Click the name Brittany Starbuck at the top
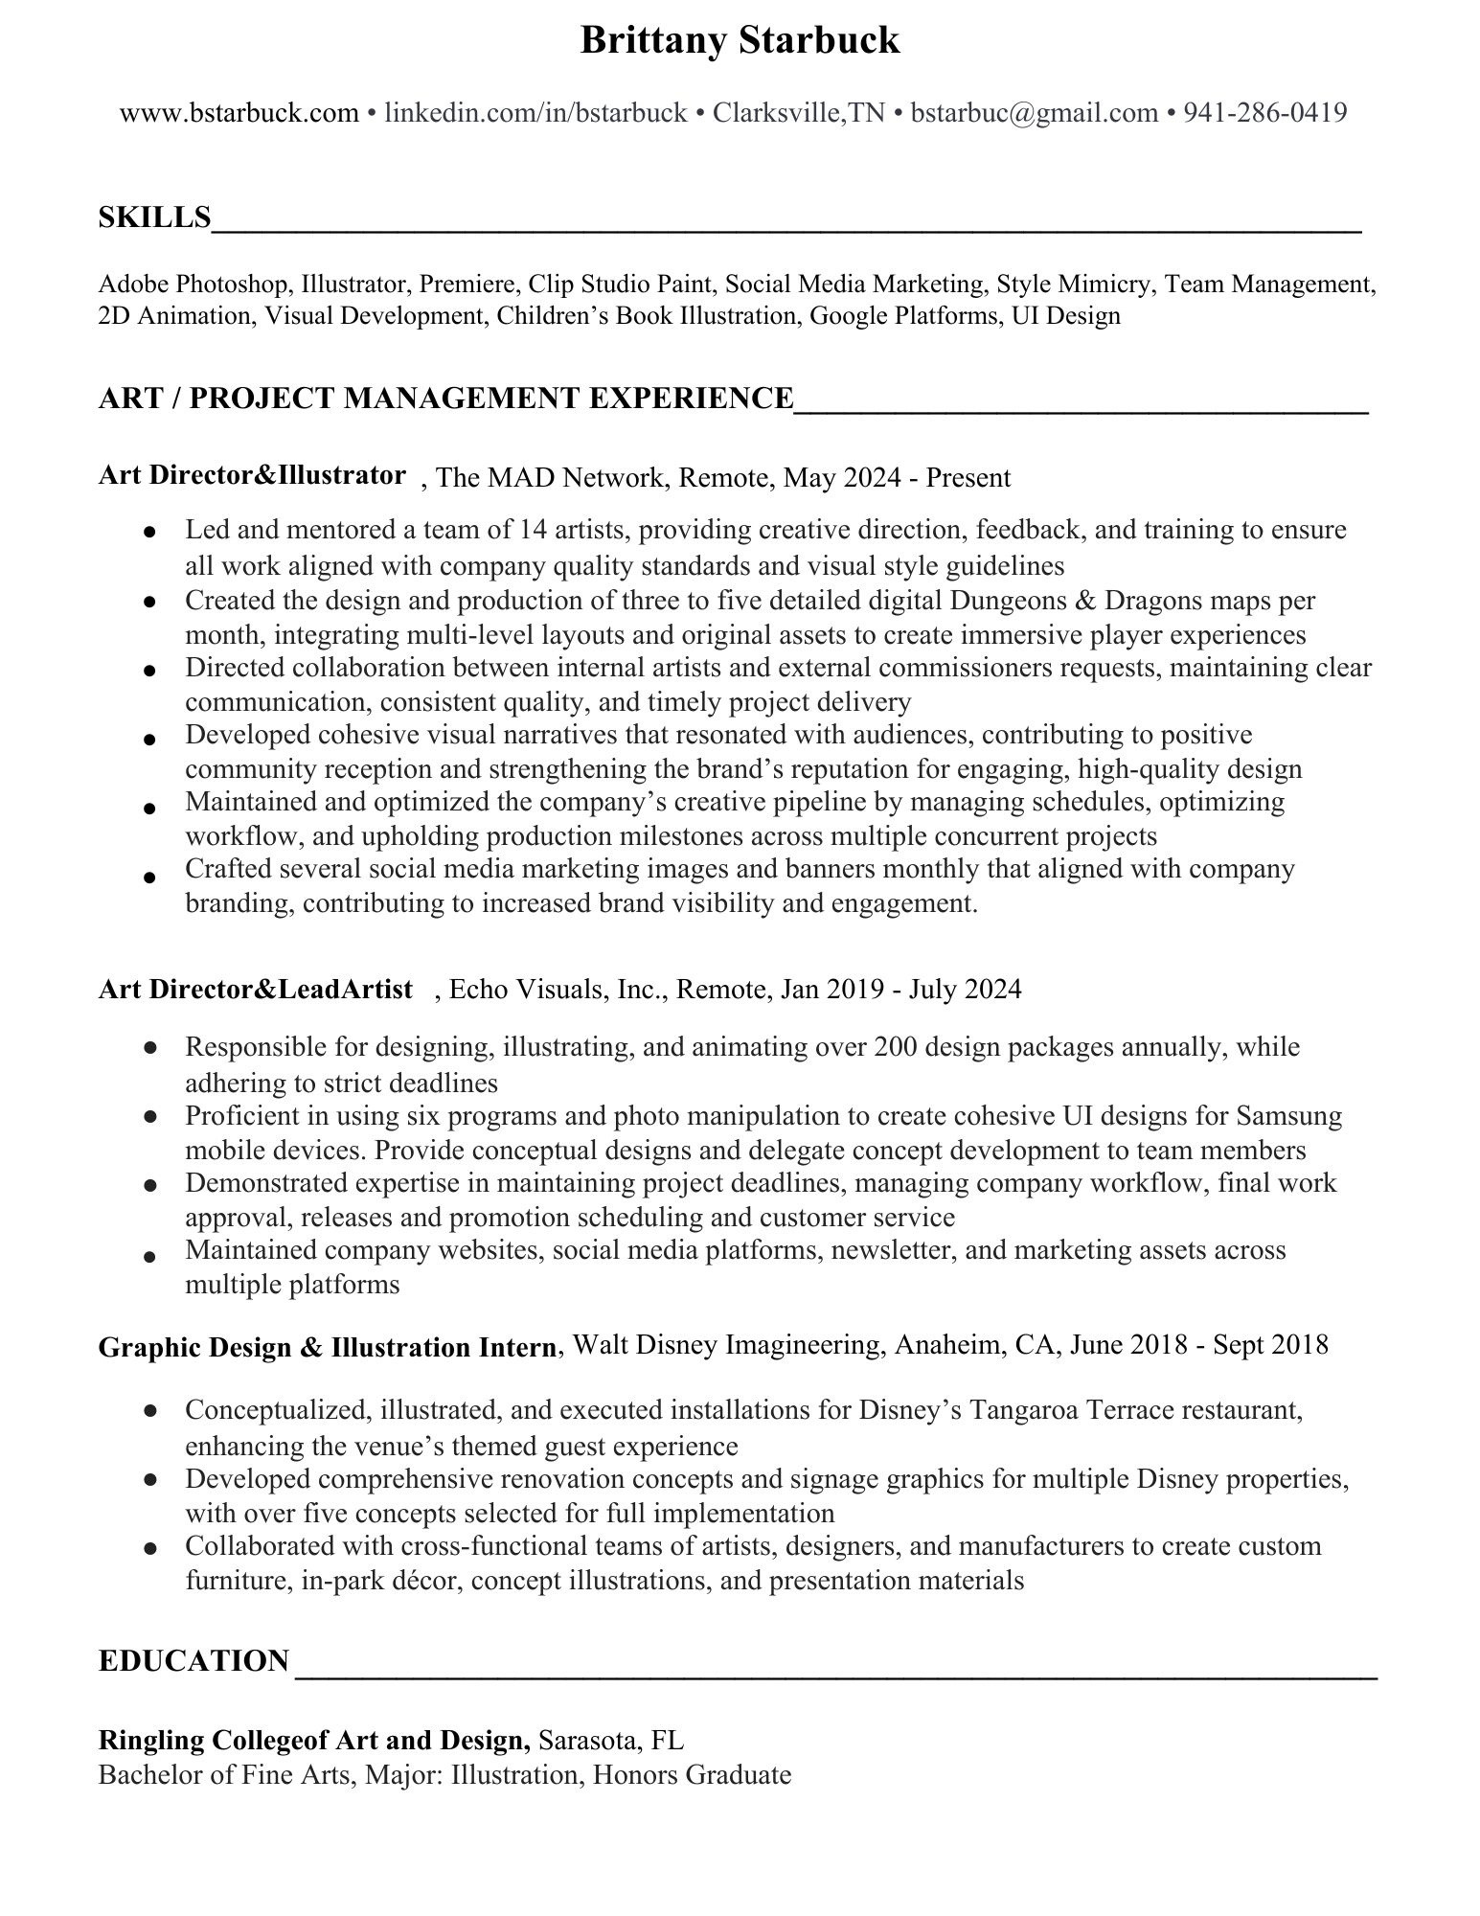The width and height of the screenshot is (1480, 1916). click(x=740, y=40)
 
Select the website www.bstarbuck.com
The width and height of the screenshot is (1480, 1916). click(x=239, y=113)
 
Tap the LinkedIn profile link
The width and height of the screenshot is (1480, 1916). click(x=535, y=113)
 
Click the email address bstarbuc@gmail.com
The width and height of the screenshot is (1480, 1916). click(x=1034, y=113)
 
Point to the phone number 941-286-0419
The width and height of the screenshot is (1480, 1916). click(x=1264, y=113)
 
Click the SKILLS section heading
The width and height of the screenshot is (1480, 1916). click(x=154, y=217)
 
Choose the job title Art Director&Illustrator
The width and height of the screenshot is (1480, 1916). click(x=252, y=475)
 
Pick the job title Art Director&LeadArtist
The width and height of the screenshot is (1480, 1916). click(x=255, y=989)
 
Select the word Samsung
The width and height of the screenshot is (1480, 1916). click(x=1288, y=1116)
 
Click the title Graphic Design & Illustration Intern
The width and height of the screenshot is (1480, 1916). click(x=327, y=1347)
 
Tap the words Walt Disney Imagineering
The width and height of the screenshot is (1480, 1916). click(x=726, y=1345)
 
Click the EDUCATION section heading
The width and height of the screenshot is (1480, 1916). click(x=194, y=1660)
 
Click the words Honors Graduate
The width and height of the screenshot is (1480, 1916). click(x=692, y=1774)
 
